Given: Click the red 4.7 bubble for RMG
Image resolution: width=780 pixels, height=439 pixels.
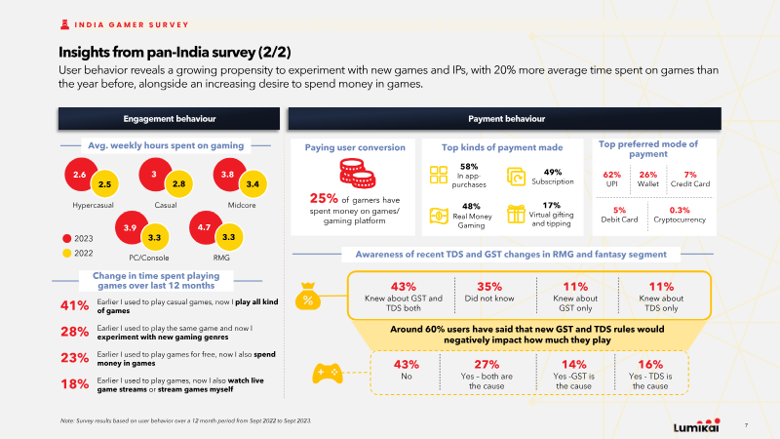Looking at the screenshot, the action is (205, 227).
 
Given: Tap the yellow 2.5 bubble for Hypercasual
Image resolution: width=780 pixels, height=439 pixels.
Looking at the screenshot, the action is (104, 184).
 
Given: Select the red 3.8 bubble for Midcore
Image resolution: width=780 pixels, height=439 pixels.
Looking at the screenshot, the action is (229, 175).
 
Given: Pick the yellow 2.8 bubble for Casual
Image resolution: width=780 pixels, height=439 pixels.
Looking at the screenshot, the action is (178, 184).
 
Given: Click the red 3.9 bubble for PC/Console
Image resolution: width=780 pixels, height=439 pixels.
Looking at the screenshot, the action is (131, 227).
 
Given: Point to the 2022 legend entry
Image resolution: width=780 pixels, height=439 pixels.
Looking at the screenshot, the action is (78, 253).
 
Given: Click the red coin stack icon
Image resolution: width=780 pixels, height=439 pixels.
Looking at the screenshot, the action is (357, 174).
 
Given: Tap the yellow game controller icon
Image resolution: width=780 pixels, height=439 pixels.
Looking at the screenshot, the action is (328, 374).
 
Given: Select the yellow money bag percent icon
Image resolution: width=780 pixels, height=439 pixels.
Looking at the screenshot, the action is (308, 297).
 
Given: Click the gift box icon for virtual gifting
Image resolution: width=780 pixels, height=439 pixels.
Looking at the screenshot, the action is (516, 215).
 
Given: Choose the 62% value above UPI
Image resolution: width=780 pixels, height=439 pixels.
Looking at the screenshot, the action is (612, 175).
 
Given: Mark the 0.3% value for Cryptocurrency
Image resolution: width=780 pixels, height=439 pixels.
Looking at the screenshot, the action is (680, 210).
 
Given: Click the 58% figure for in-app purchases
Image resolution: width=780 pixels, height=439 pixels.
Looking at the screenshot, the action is (469, 166).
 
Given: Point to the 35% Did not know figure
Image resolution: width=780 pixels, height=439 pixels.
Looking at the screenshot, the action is (489, 287).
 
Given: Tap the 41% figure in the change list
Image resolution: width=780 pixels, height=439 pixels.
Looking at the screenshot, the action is (75, 305).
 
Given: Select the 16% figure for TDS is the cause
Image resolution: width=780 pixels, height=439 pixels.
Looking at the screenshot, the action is (650, 364).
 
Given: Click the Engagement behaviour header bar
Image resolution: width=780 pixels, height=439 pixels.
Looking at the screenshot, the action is (169, 119).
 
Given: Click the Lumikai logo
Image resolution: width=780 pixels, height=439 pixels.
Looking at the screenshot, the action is (696, 425).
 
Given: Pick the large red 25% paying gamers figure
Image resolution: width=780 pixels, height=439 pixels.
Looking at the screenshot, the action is (324, 199).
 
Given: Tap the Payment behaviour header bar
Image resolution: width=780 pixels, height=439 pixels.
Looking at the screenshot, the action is (504, 119).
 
